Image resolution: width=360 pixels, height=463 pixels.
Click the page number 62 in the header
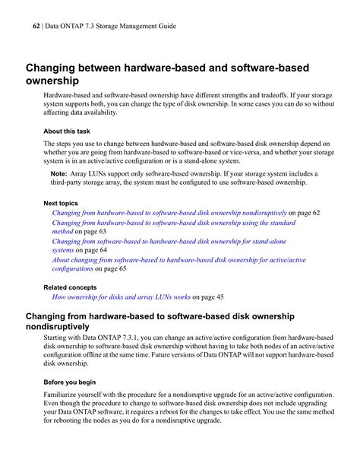click(x=36, y=26)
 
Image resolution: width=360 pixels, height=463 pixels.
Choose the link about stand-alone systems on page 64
click(x=169, y=241)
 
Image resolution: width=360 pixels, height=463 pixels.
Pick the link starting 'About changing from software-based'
click(x=178, y=259)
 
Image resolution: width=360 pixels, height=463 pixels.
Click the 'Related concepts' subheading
click(x=70, y=287)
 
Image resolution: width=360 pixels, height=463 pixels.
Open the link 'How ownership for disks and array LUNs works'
click(x=121, y=297)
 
